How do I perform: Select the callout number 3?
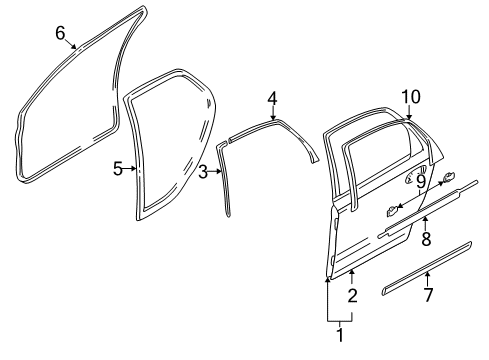tap(203, 172)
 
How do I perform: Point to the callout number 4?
tap(272, 98)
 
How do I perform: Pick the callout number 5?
tap(118, 168)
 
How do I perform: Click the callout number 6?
tap(59, 34)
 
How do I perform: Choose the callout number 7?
tap(429, 296)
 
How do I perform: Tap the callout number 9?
tap(421, 181)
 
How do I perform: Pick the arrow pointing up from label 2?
tap(352, 275)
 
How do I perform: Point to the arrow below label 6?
tap(68, 47)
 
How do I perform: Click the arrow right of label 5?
tap(132, 168)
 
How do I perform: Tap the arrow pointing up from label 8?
tap(425, 222)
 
